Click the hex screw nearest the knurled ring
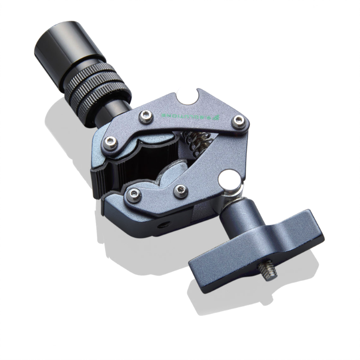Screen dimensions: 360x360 [x=111, y=141]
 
